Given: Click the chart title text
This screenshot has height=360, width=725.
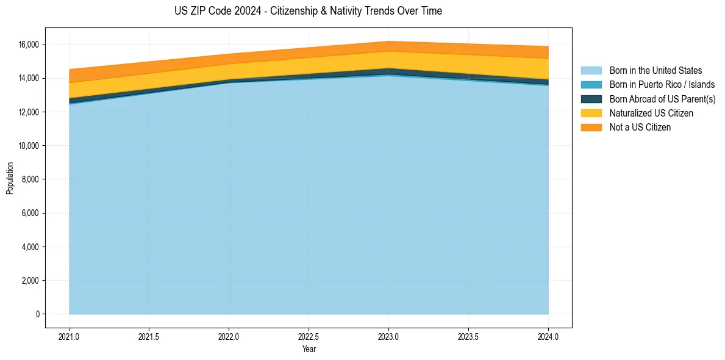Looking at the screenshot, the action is [309, 11].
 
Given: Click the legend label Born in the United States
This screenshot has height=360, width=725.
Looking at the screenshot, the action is [655, 70].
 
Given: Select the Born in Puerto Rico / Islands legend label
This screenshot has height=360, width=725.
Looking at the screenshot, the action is [662, 85].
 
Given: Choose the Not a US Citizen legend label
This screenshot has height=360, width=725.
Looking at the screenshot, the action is [640, 128].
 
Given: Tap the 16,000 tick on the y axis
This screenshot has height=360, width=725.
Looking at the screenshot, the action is [30, 45].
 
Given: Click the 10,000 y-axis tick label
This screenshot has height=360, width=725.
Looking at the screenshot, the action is [30, 146].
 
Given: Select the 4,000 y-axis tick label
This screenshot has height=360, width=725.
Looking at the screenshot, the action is [32, 247].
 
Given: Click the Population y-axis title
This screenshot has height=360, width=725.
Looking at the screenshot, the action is [9, 178].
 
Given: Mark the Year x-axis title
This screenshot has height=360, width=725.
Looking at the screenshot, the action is [309, 349].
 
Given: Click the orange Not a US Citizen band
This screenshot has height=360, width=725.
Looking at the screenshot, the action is [309, 52].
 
